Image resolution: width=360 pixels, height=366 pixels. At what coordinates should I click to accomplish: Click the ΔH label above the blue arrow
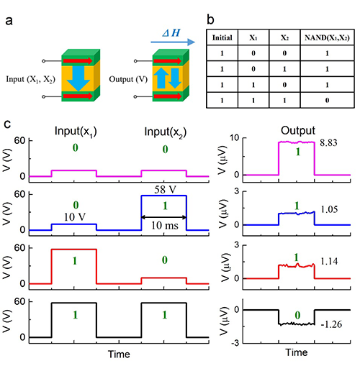click(171, 33)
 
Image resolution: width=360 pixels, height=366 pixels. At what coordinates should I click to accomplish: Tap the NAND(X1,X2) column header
click(327, 38)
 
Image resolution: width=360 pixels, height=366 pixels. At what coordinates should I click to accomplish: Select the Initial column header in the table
click(222, 38)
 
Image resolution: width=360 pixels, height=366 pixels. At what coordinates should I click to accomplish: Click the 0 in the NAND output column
click(327, 101)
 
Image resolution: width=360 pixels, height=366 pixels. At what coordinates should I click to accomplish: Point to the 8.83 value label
click(328, 143)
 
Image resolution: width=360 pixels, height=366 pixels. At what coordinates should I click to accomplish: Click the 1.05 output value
click(329, 209)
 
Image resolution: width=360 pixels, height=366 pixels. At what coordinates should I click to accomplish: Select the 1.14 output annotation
click(329, 261)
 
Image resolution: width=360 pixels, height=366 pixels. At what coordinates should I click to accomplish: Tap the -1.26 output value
click(331, 324)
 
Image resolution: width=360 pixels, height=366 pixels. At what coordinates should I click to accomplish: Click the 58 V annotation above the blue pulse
click(165, 190)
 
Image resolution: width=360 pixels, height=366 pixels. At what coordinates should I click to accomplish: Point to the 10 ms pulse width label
click(165, 226)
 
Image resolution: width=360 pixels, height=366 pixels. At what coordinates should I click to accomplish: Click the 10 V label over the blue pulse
click(75, 217)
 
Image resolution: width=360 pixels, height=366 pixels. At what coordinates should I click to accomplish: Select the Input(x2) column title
click(166, 132)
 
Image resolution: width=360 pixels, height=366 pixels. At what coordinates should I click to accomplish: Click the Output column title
click(298, 131)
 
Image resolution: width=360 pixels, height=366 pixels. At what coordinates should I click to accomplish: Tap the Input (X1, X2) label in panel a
click(31, 79)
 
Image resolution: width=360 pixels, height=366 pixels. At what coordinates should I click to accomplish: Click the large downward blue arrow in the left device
click(78, 78)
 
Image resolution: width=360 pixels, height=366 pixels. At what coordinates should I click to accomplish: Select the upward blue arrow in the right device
click(159, 78)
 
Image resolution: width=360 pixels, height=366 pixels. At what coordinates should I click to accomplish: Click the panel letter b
click(210, 20)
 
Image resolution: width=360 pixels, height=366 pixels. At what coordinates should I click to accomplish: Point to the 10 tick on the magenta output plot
click(235, 138)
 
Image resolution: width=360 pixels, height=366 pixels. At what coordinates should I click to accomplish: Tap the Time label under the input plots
click(119, 354)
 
